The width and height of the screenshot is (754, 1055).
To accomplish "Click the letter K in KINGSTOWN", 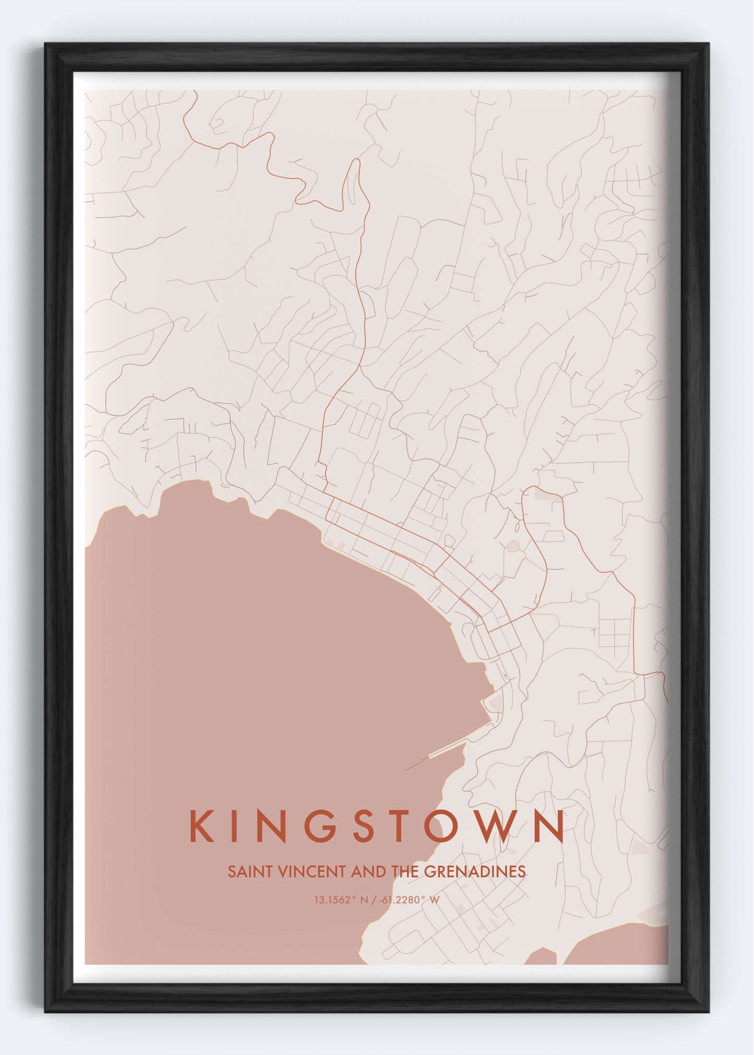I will pyautogui.click(x=201, y=826).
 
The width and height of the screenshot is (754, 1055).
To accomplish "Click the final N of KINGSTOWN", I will pyautogui.click(x=549, y=826).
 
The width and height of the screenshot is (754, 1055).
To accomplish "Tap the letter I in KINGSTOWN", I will pyautogui.click(x=233, y=826).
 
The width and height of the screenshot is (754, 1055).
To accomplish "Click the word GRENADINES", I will pyautogui.click(x=474, y=872).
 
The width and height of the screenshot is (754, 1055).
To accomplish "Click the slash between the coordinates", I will pyautogui.click(x=374, y=900).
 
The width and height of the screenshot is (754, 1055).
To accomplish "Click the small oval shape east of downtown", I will pyautogui.click(x=513, y=546).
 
